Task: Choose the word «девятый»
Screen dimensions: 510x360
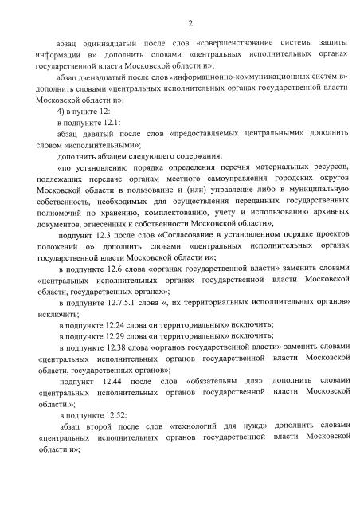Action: [101, 137]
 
